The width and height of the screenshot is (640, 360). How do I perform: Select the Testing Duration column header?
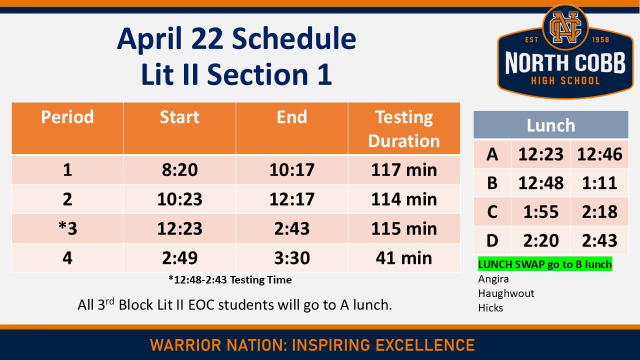point(404,129)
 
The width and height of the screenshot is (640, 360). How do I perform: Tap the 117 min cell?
point(404,170)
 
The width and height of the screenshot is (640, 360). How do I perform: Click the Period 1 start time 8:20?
point(179,170)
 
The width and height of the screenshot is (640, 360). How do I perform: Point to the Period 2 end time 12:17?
point(292,199)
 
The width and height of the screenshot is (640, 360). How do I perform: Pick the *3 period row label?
point(67,228)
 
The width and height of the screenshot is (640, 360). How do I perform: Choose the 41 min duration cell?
point(404,258)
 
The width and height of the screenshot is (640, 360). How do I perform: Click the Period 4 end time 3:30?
point(292,258)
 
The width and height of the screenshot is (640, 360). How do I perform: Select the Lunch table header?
point(550,125)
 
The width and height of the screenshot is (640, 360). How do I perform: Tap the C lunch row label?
point(492,212)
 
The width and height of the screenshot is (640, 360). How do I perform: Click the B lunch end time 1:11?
point(599,183)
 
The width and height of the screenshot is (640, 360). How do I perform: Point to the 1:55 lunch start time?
point(540,212)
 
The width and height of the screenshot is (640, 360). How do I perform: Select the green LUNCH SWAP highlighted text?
point(544,264)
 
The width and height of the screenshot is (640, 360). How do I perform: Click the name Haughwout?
point(506,293)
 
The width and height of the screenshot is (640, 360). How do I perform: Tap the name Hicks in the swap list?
point(490,308)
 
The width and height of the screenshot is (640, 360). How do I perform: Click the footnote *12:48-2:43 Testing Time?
point(230,280)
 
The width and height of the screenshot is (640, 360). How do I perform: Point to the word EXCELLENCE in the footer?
point(425,345)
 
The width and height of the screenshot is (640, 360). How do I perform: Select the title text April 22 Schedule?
point(236,39)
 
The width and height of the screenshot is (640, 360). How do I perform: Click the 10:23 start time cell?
point(179,199)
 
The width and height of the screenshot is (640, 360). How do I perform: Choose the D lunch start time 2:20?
point(540,241)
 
